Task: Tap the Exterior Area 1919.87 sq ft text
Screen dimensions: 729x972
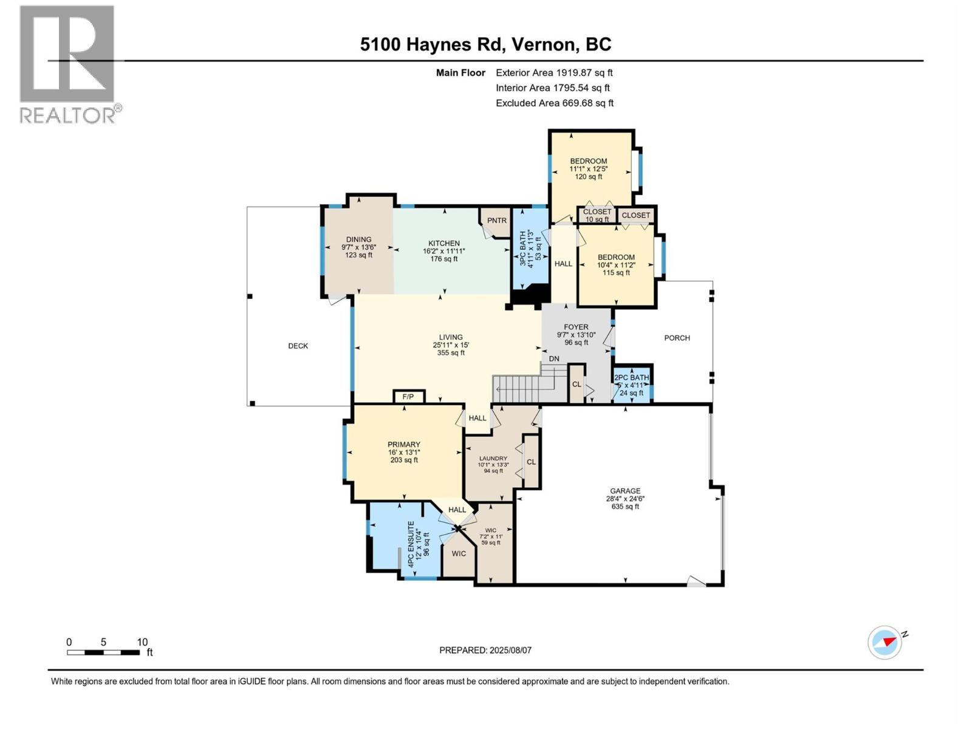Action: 554,73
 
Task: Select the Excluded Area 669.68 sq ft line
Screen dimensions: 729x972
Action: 554,103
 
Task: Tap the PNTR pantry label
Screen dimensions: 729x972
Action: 496,221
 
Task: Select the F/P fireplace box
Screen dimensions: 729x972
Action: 408,397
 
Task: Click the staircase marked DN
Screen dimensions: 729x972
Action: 523,388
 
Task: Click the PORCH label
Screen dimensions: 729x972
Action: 677,338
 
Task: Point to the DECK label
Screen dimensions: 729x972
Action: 298,346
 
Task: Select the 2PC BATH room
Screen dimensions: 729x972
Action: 632,385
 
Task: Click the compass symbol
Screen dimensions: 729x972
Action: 885,642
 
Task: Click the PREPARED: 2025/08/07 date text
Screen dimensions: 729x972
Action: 485,650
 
